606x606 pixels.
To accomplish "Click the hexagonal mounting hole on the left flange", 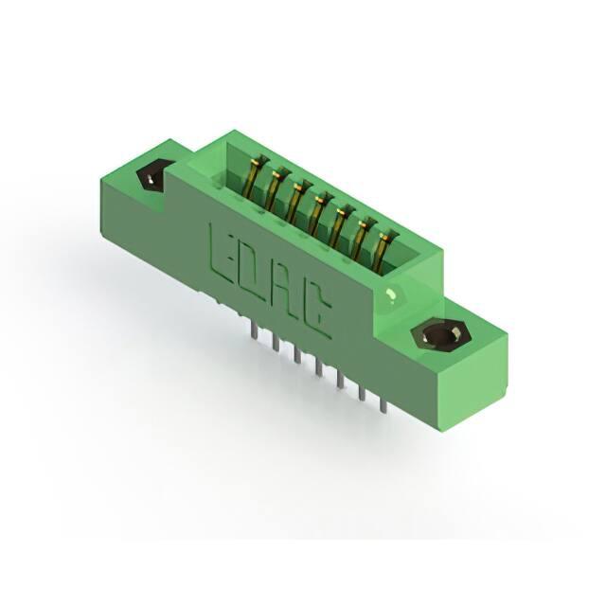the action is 151,177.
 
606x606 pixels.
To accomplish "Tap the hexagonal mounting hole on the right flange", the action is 441,334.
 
